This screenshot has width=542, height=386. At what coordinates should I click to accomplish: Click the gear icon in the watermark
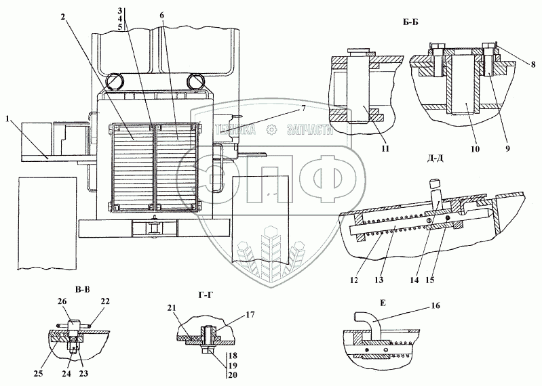(271, 131)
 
